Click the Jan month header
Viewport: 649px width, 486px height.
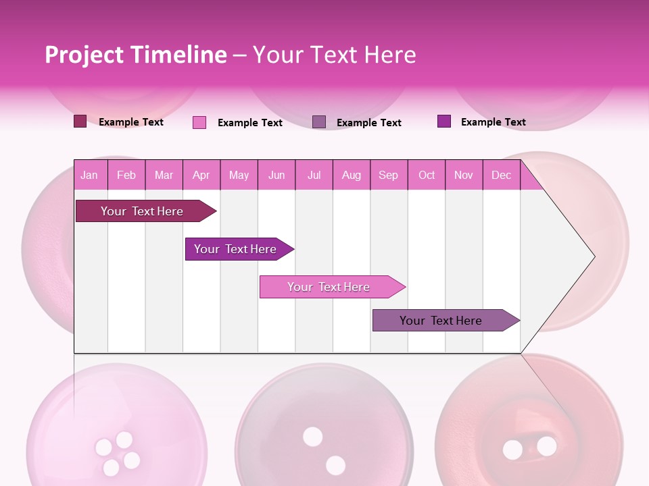(89, 175)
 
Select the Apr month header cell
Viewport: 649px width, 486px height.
(201, 175)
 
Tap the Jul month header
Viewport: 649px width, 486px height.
(314, 175)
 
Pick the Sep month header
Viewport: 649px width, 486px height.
(388, 175)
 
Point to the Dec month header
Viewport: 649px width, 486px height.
(501, 175)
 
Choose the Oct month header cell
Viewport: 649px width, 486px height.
(427, 175)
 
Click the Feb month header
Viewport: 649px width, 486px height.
(126, 175)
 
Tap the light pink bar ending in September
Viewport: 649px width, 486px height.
(330, 287)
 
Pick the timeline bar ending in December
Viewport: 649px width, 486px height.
(443, 321)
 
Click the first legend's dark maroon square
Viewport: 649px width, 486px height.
(80, 122)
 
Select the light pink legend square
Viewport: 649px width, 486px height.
(199, 122)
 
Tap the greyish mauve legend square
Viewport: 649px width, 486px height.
(319, 122)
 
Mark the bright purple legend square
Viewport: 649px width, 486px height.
(444, 122)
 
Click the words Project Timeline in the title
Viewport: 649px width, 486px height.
(135, 55)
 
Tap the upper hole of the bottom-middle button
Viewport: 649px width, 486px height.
(312, 437)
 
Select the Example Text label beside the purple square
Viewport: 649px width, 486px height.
(493, 122)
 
